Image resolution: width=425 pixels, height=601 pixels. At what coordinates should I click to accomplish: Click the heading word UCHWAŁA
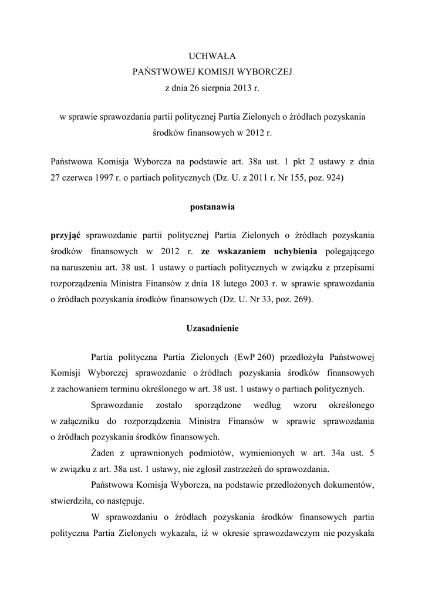coord(212,56)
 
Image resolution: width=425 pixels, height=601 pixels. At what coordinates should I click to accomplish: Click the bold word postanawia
coord(212,207)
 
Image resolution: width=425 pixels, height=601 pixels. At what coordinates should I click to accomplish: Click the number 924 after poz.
coord(334,177)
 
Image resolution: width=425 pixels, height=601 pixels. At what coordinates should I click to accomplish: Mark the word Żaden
coord(103,453)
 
